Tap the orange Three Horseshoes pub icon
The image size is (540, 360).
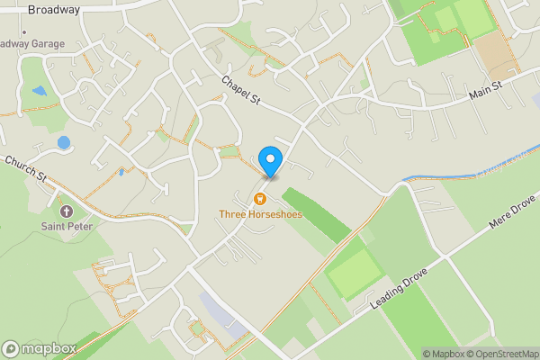click(260, 199)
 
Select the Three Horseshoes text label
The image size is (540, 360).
click(260, 215)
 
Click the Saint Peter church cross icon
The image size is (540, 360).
click(63, 210)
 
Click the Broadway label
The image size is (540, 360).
click(54, 10)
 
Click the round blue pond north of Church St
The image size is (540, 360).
click(63, 142)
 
